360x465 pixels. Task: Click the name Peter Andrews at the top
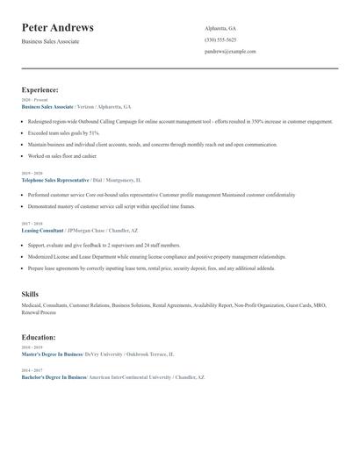click(x=58, y=28)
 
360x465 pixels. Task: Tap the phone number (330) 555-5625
click(x=220, y=39)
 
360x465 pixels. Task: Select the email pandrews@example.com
click(x=230, y=52)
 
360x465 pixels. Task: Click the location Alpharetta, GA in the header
click(x=220, y=28)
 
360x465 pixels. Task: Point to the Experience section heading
click(x=40, y=89)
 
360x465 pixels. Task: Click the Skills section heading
click(x=31, y=294)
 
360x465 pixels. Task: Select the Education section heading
click(x=40, y=337)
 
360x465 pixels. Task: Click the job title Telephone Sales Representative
click(x=59, y=179)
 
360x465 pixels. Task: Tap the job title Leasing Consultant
click(x=42, y=230)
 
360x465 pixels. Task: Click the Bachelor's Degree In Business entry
click(x=54, y=376)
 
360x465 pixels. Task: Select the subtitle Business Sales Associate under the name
click(x=51, y=41)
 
